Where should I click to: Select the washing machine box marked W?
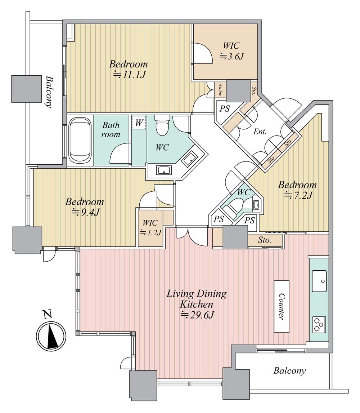(139, 123)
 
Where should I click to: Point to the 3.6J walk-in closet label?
(231, 56)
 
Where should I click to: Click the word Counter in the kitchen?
(281, 306)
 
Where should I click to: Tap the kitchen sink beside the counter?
(319, 281)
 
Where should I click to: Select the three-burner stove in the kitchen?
(319, 324)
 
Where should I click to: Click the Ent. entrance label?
(260, 132)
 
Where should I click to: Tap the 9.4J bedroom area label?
(85, 212)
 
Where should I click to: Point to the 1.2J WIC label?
(150, 232)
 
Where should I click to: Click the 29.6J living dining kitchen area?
(197, 315)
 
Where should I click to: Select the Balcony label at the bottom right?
(289, 371)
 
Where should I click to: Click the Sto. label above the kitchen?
(265, 240)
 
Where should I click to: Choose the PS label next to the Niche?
(225, 108)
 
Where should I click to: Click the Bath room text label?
(111, 130)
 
